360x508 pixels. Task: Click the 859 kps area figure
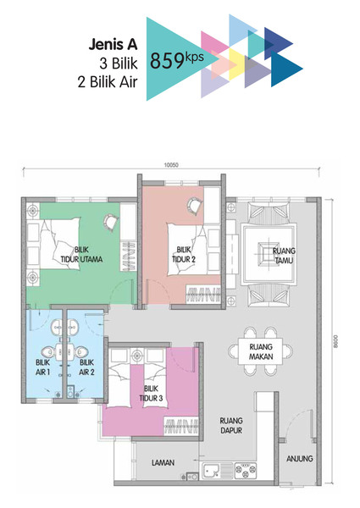[x=177, y=59]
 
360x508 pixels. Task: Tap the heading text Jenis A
[x=114, y=44]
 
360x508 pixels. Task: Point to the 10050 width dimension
[x=171, y=165]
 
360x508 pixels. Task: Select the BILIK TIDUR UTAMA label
[x=81, y=254]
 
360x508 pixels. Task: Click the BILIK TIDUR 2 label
[x=184, y=254]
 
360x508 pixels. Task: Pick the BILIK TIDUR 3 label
[x=152, y=394]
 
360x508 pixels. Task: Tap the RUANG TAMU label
[x=284, y=256]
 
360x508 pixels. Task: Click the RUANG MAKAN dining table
[x=261, y=351]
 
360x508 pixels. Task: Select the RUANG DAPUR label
[x=231, y=425]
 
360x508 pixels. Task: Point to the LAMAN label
[x=163, y=462]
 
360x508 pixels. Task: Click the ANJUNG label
[x=300, y=458]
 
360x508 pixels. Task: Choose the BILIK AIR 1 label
[x=42, y=367]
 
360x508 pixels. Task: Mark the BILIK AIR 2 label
[x=86, y=367]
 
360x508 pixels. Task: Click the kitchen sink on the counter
[x=211, y=471]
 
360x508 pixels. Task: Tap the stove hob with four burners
[x=246, y=471]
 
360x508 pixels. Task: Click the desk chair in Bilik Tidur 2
[x=195, y=206]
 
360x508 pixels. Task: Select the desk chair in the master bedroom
[x=111, y=223]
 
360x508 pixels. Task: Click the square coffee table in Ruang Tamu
[x=268, y=254]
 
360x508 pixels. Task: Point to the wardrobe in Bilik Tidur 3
[x=180, y=426]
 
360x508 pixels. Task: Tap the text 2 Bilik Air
[x=108, y=81]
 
